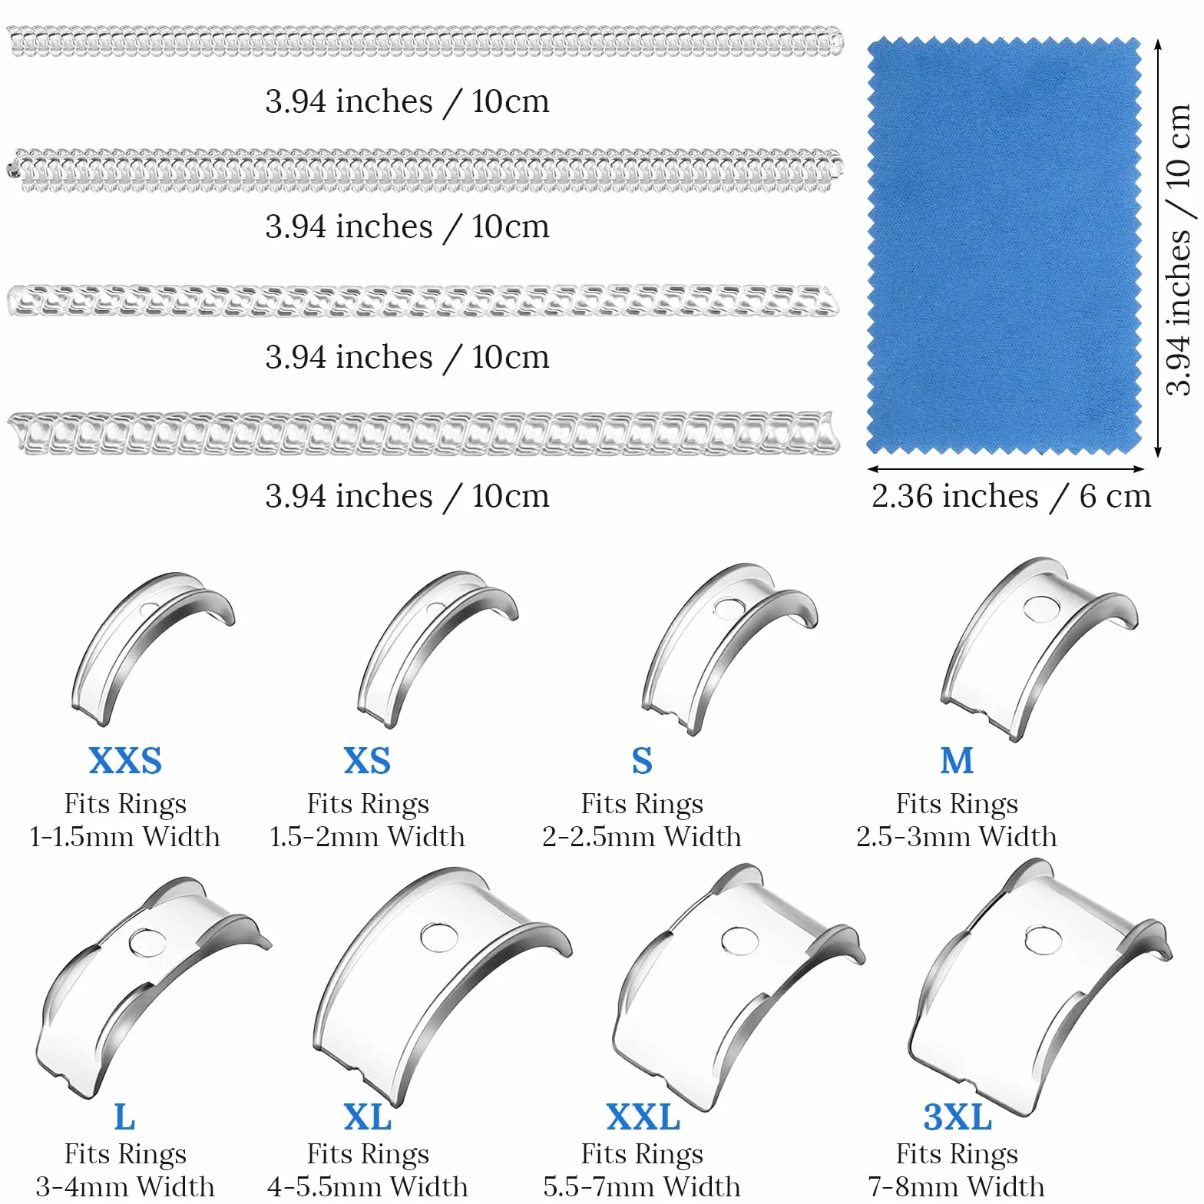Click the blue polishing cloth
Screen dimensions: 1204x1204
tap(1004, 246)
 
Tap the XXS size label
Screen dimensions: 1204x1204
tap(125, 761)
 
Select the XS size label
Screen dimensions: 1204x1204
tap(367, 761)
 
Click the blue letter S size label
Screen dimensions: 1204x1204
tap(642, 761)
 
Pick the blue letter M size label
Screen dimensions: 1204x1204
tap(957, 761)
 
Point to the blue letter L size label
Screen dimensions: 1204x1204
tap(124, 1117)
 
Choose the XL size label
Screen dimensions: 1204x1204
tap(367, 1117)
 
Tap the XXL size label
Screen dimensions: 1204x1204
tap(643, 1117)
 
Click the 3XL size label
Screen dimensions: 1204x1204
tap(958, 1117)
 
